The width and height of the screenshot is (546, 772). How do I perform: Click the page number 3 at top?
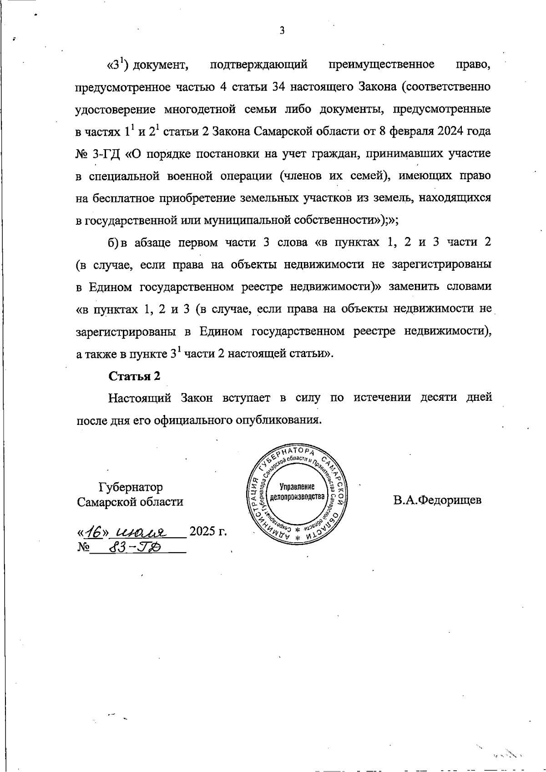coord(282,31)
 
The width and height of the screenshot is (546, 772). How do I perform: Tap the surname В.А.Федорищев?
coord(437,500)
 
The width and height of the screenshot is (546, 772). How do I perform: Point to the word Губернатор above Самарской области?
coord(131,487)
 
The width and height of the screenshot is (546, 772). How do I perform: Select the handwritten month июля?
coord(142,532)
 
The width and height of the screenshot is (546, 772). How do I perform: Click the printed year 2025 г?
coord(208,531)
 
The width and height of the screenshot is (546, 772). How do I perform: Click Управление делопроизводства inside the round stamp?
coord(298,491)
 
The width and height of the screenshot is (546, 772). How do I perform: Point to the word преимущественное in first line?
coord(381,65)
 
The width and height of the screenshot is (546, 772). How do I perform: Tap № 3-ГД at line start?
coord(97,154)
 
